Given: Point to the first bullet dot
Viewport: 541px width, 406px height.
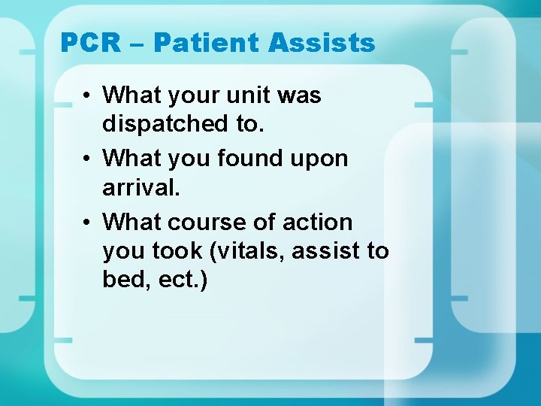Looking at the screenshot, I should coord(89,96).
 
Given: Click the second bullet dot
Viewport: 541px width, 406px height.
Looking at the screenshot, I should coord(89,159).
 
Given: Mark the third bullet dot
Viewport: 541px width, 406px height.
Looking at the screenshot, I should coord(89,223).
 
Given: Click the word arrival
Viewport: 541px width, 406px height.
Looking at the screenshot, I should coord(141,186).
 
